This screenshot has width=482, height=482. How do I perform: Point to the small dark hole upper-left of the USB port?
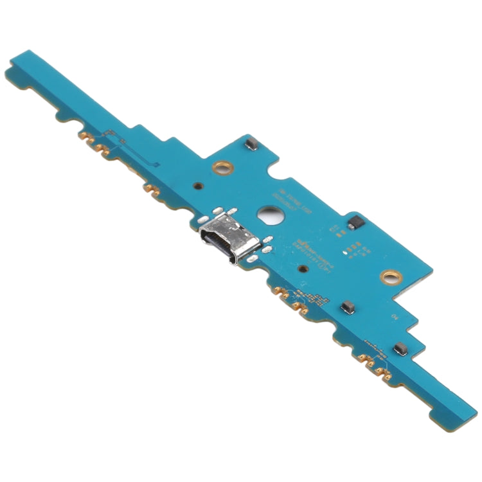pos(199,186)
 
